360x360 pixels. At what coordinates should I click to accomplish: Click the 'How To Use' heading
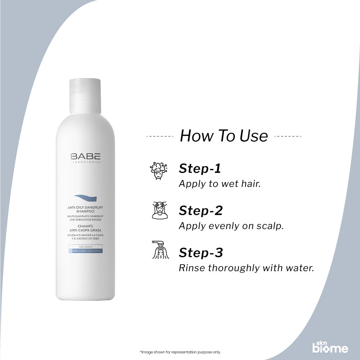pos(224,136)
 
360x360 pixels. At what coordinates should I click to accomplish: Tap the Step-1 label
pos(200,168)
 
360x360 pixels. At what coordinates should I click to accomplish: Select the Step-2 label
pos(201,211)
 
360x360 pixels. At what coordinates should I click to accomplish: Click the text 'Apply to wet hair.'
pos(220,184)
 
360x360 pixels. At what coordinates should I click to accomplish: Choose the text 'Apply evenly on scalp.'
pos(231,226)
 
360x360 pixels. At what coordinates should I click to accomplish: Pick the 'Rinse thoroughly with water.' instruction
pos(247,268)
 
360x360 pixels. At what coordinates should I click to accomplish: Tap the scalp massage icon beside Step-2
pos(159,211)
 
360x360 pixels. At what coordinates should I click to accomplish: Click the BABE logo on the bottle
pos(86,157)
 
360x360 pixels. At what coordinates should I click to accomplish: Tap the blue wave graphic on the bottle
pos(86,197)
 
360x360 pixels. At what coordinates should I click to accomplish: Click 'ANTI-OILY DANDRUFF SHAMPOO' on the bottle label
pos(86,209)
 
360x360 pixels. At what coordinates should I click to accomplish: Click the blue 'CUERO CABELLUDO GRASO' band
pos(86,251)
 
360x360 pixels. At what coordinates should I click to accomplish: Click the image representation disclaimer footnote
pos(180,352)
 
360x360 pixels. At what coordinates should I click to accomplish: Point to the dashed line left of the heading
pos(160,137)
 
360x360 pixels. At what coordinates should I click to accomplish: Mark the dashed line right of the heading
pos(288,137)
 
